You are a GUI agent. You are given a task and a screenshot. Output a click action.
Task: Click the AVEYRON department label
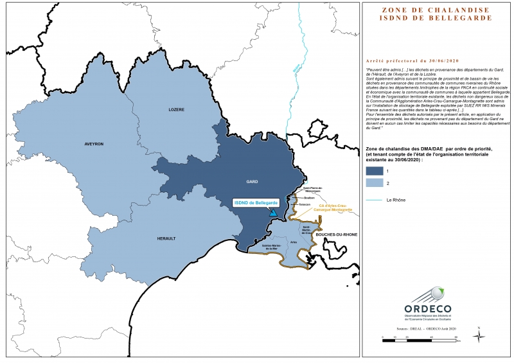coord(94,144)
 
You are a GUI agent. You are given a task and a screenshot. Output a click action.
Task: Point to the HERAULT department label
coord(166,238)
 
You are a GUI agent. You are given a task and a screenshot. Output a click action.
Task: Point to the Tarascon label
coord(304,204)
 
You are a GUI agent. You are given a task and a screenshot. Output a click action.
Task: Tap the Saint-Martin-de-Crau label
coord(307,230)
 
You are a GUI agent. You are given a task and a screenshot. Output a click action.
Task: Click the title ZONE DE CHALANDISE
coord(436,10)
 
